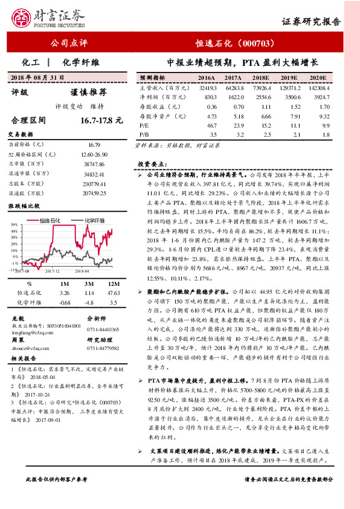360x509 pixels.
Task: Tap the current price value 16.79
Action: click(97, 145)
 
